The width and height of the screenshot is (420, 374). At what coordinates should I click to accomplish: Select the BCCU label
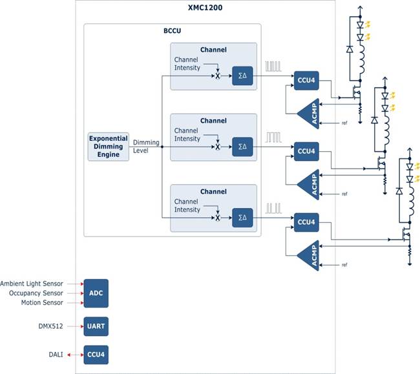click(x=172, y=31)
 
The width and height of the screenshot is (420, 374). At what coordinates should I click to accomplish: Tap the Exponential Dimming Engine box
click(x=108, y=147)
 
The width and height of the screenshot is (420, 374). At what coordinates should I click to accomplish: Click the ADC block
click(x=96, y=293)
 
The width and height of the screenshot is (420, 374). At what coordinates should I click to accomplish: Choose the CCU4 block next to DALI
click(x=96, y=355)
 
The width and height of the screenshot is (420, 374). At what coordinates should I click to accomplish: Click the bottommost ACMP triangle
click(x=309, y=256)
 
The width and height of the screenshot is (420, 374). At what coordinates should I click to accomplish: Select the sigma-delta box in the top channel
click(x=242, y=76)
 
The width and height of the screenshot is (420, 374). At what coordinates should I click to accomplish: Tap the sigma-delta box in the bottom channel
click(x=242, y=218)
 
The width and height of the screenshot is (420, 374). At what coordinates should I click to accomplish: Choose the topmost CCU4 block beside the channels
click(x=306, y=79)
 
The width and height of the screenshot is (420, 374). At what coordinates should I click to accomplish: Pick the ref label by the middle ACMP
click(x=344, y=194)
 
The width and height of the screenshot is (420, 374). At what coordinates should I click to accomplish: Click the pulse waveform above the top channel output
click(x=274, y=66)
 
